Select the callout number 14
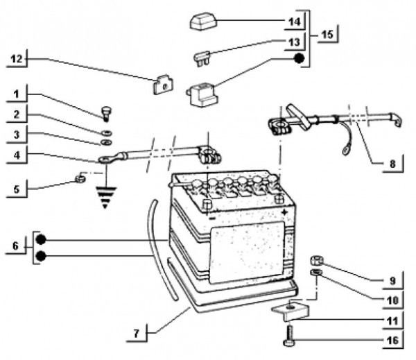(295, 21)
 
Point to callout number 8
(392, 164)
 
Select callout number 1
(16, 92)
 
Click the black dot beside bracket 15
(299, 58)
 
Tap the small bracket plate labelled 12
(161, 86)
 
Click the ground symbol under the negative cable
(105, 197)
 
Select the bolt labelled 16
(288, 339)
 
